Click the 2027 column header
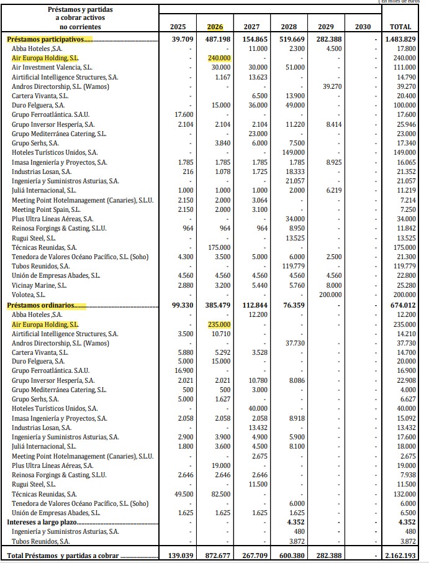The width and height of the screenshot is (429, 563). coord(251,27)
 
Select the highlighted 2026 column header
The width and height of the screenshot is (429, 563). coord(214,27)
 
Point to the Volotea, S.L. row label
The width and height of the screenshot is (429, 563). coord(29,295)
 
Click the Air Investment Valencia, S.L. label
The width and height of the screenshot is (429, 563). coord(52,67)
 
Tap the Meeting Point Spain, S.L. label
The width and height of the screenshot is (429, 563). coord(45,209)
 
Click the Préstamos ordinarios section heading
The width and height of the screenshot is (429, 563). coord(46,305)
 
